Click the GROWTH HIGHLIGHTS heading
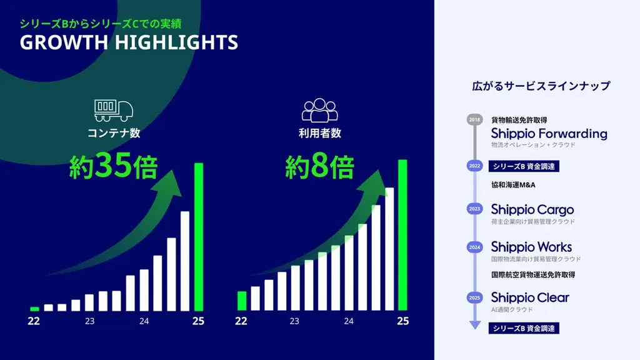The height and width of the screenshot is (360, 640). pyautogui.click(x=129, y=42)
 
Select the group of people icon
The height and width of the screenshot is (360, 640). pyautogui.click(x=319, y=110)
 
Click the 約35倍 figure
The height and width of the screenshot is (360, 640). pyautogui.click(x=113, y=167)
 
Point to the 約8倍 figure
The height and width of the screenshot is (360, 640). pyautogui.click(x=320, y=167)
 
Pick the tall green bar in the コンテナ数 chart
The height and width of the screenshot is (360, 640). pyautogui.click(x=199, y=236)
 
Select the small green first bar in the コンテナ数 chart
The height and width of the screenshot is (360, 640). pyautogui.click(x=34, y=309)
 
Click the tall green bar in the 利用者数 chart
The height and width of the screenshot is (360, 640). pyautogui.click(x=402, y=234)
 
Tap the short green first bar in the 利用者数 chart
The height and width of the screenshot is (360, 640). pyautogui.click(x=242, y=301)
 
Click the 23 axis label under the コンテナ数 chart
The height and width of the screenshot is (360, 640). pyautogui.click(x=90, y=321)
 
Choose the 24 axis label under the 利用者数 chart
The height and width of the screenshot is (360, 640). pyautogui.click(x=349, y=321)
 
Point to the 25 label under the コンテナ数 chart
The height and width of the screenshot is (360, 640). pyautogui.click(x=198, y=321)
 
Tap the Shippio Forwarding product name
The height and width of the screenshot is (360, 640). pyautogui.click(x=549, y=134)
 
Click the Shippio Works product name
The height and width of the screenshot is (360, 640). pyautogui.click(x=531, y=247)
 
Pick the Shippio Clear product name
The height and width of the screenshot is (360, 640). pyautogui.click(x=530, y=297)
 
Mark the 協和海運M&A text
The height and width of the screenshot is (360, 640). pyautogui.click(x=513, y=185)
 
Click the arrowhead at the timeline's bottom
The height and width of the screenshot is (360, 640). pyautogui.click(x=475, y=324)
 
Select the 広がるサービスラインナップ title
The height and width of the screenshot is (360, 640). pyautogui.click(x=541, y=86)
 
